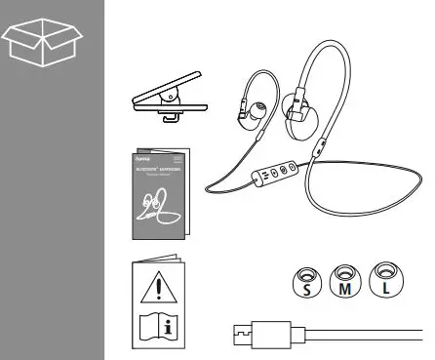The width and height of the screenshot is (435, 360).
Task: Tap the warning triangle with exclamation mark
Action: pos(154,287)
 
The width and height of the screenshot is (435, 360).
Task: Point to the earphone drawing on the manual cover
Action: pos(157,208)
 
